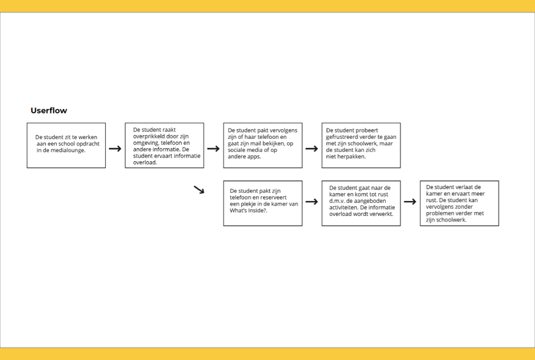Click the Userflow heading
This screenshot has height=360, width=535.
click(49, 110)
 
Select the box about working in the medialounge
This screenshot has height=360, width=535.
click(66, 145)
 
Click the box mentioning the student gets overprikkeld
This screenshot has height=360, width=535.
click(164, 145)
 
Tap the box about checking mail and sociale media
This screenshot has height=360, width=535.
click(263, 145)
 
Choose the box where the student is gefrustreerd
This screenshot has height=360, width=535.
click(361, 145)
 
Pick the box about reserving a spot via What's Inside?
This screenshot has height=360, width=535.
click(263, 203)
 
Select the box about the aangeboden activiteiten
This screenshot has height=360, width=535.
click(361, 203)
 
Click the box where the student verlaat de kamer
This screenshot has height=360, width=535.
click(459, 203)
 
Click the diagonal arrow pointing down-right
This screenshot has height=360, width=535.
click(199, 190)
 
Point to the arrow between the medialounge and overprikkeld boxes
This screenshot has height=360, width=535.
click(115, 149)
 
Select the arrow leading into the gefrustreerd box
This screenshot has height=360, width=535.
click(312, 149)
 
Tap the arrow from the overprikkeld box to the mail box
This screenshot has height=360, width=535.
click(213, 149)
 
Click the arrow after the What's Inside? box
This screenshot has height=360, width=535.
click(312, 202)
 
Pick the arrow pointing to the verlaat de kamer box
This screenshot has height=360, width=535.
click(410, 202)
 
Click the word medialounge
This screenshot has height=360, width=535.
click(68, 151)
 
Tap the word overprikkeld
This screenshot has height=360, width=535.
click(149, 136)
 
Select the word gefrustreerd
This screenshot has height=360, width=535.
click(342, 137)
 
